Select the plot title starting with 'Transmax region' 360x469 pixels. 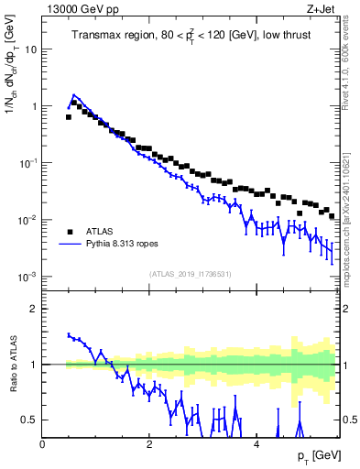191,37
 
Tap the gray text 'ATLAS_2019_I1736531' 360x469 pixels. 191,273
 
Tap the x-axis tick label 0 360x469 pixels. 43,443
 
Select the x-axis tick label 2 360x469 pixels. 150,443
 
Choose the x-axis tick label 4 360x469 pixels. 256,443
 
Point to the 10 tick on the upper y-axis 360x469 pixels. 30,49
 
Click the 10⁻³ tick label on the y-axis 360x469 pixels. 27,277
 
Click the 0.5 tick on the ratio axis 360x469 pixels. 29,420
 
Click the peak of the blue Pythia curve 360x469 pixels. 74,94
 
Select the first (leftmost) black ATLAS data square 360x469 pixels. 69,117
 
